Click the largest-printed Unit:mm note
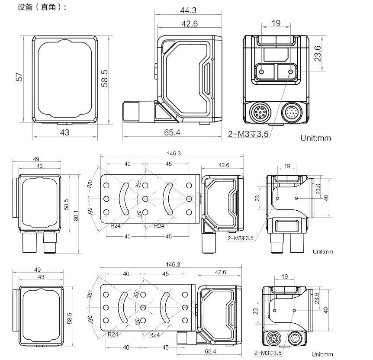point(315,138)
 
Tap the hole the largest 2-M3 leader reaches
point(290,71)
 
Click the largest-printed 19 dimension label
point(276,23)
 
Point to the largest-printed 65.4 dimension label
point(172,132)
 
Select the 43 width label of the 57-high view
point(64,132)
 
